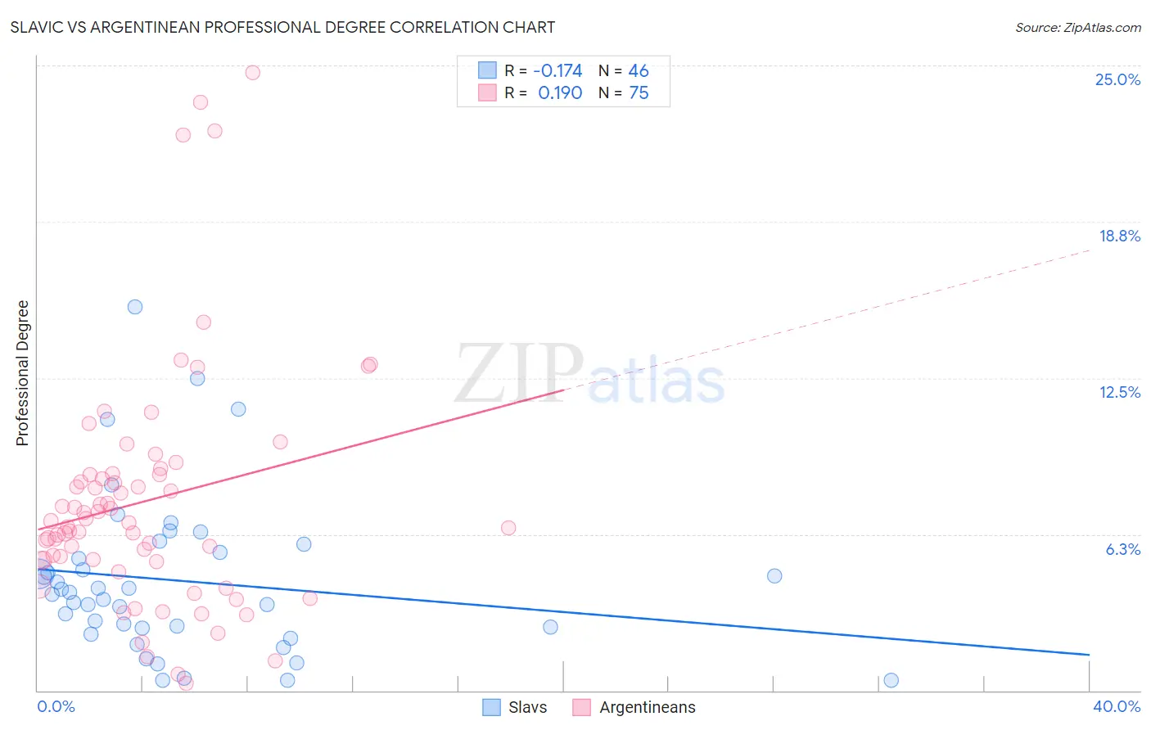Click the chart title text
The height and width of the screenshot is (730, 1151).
282,27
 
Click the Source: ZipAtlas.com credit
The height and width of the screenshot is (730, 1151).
1077,27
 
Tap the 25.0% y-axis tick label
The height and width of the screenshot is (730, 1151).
1117,79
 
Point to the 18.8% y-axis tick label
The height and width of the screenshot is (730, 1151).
1119,236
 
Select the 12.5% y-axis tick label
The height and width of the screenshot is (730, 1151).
1119,392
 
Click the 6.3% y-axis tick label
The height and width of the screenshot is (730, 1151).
1122,549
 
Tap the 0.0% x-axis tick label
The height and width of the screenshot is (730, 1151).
56,706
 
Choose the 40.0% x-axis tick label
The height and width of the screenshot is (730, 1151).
1116,706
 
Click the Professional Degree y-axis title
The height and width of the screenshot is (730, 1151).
22,373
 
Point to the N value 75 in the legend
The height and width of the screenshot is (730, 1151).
639,92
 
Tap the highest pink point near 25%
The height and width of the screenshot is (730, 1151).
253,72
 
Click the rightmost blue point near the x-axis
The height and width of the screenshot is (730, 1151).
891,680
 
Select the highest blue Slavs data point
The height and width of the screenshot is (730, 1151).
135,307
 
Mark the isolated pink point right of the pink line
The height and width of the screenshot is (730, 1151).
508,528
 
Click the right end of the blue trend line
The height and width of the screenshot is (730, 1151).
1088,655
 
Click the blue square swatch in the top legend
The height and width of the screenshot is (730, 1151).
488,70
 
